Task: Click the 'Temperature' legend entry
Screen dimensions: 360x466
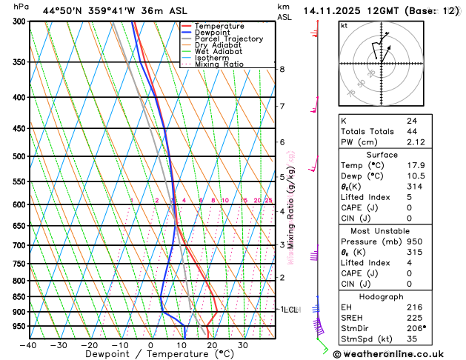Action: click(220, 26)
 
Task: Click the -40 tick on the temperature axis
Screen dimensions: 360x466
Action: click(28, 345)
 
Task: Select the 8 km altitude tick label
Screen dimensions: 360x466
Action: click(282, 69)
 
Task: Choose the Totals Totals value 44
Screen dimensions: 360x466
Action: click(411, 131)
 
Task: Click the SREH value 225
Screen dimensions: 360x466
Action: click(413, 316)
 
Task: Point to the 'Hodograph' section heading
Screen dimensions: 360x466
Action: click(381, 296)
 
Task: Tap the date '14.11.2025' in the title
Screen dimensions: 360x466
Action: click(331, 10)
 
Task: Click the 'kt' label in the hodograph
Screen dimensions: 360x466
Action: click(344, 25)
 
